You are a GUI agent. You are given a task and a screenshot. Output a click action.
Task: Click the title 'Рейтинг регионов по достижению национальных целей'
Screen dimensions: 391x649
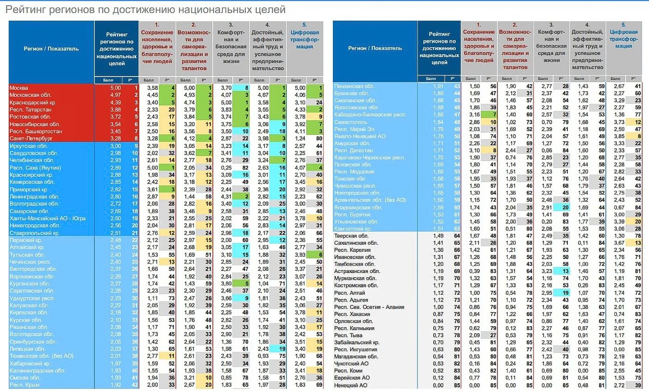pyautogui.click(x=146, y=10)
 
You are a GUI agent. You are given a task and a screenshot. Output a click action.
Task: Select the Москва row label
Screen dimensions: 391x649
pyautogui.click(x=19, y=88)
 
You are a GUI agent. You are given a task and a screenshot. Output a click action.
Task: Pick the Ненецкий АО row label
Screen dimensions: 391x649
pyautogui.click(x=351, y=385)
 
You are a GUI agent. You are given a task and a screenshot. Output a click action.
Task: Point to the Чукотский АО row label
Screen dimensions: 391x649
pyautogui.click(x=351, y=364)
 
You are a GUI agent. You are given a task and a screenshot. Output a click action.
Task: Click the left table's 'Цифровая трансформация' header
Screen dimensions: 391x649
pyautogui.click(x=305, y=39)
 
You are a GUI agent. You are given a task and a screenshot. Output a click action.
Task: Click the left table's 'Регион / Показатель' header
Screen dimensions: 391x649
pyautogui.click(x=51, y=49)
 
